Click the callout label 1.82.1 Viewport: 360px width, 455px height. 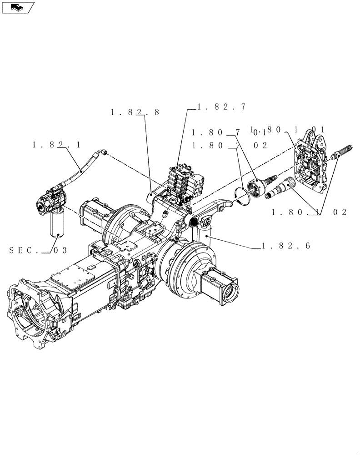click(x=56, y=145)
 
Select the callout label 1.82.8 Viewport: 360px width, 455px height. click(x=135, y=112)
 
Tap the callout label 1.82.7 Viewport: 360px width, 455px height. click(x=221, y=107)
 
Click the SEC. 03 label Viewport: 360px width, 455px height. click(x=38, y=250)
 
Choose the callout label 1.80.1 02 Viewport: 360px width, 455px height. click(x=309, y=212)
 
